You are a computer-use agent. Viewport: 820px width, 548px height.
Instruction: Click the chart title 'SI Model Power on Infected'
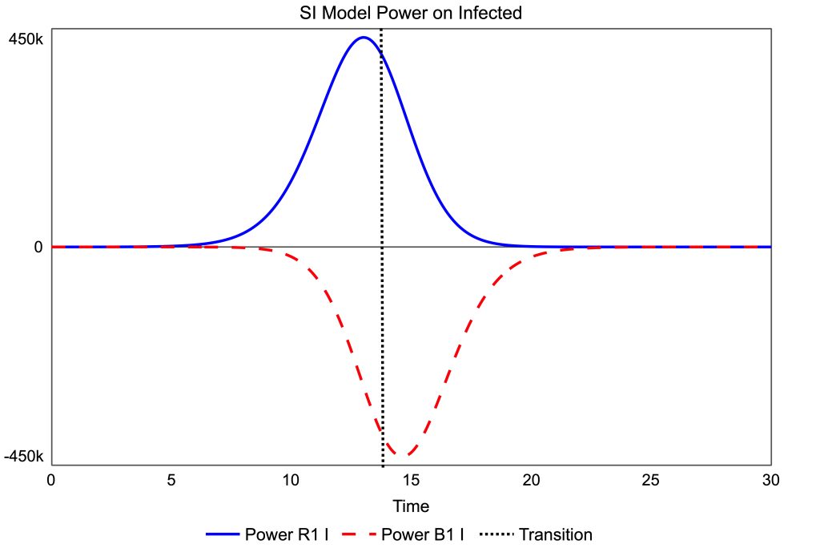coord(410,12)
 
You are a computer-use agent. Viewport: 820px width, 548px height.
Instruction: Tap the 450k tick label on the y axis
coord(26,38)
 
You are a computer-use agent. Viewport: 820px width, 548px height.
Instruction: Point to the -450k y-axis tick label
coord(24,457)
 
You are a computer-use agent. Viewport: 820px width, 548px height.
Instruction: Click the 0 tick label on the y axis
coord(38,247)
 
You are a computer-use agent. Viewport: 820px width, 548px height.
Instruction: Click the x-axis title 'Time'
coord(411,506)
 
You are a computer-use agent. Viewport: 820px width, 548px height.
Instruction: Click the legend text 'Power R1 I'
coord(286,534)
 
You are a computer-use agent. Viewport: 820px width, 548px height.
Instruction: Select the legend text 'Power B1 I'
coord(422,534)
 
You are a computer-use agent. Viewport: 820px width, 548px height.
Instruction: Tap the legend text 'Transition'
coord(556,534)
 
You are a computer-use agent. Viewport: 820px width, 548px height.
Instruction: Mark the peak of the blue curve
coord(364,37)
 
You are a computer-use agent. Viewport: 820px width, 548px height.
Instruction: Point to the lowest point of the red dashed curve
coord(400,456)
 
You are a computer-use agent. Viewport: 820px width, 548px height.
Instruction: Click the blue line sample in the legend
coord(222,534)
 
